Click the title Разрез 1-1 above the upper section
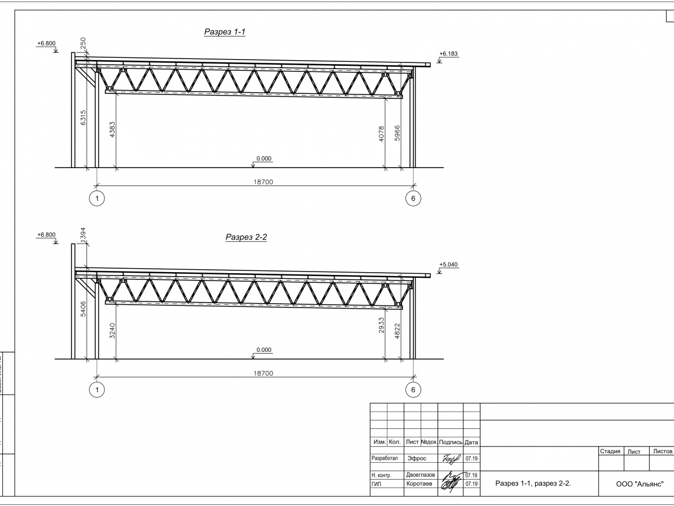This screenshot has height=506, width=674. point(225,33)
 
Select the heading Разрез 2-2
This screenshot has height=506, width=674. point(246,237)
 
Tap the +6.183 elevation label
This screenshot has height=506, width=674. point(449,54)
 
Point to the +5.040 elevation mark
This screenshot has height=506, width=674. point(449,264)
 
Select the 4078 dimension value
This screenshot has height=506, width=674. point(381,134)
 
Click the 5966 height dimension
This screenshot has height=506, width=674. point(397,134)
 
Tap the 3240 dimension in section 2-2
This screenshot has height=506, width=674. point(112,331)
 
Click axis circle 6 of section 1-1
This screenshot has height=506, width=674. point(413,198)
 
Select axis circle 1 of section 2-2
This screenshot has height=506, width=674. point(97,390)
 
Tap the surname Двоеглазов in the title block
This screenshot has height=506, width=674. point(420,475)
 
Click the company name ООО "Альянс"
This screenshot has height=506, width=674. point(640,484)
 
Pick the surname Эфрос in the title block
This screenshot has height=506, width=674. point(416,458)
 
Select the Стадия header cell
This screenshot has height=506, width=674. point(610,451)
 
